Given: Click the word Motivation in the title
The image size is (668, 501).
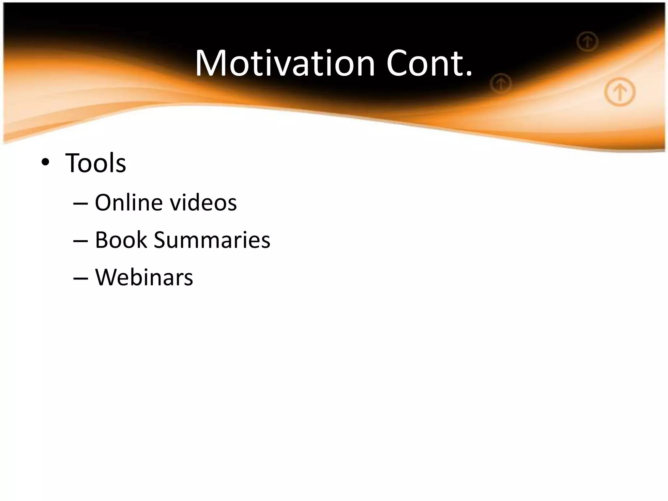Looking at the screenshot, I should (x=285, y=63).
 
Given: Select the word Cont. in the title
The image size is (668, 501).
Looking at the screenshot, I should (x=429, y=63).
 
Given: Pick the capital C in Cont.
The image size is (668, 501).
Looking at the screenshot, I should (x=399, y=63).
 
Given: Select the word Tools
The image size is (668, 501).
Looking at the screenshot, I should (x=96, y=163).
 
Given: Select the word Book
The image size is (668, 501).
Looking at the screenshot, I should (x=121, y=240).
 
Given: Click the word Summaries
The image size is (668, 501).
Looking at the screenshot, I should (x=212, y=240).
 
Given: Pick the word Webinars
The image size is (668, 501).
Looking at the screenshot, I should (x=144, y=278).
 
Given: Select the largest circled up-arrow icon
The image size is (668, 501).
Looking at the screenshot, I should (x=620, y=92).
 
